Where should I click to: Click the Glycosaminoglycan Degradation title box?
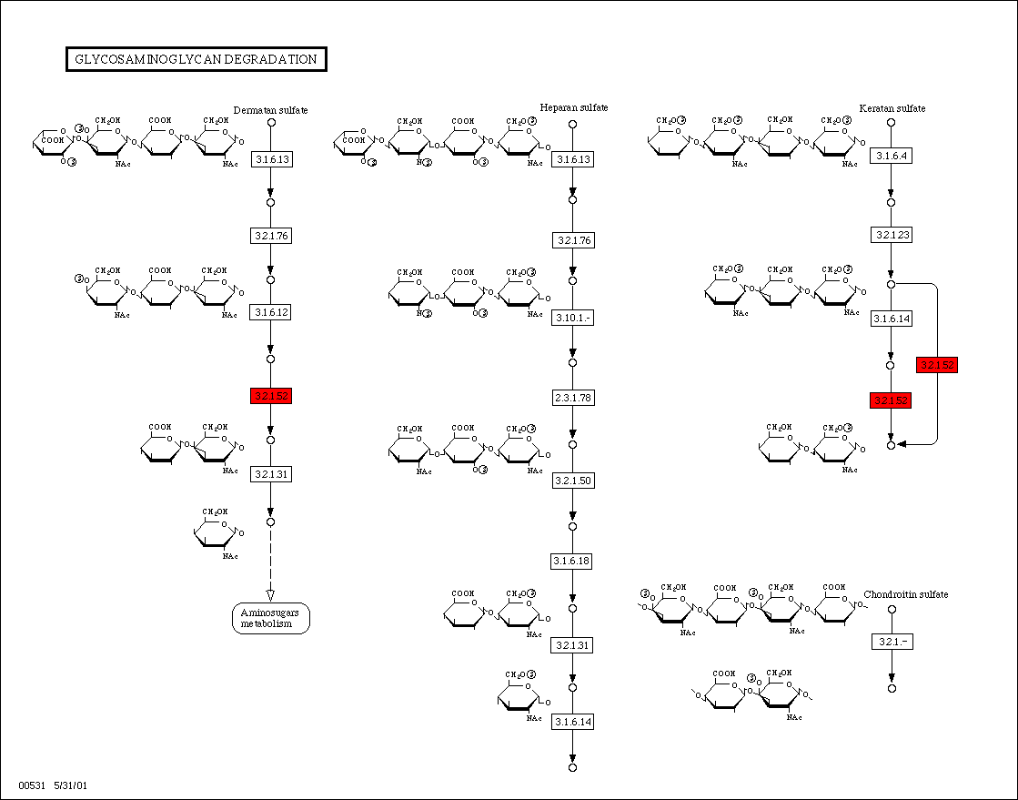pyautogui.click(x=197, y=60)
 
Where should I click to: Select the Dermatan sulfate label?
pyautogui.click(x=270, y=110)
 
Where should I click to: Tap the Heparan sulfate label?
pyautogui.click(x=573, y=107)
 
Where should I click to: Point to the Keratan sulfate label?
pyautogui.click(x=892, y=108)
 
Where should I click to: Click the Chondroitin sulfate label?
pyautogui.click(x=905, y=594)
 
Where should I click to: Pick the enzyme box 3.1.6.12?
pyautogui.click(x=270, y=312)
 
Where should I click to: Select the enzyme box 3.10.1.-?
pyautogui.click(x=572, y=318)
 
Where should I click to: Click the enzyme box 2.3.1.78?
pyautogui.click(x=572, y=398)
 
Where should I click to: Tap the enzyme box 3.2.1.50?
pyautogui.click(x=572, y=480)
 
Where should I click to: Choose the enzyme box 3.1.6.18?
pyautogui.click(x=572, y=561)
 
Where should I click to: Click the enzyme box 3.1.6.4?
pyautogui.click(x=892, y=156)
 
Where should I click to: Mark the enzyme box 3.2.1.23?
pyautogui.click(x=892, y=235)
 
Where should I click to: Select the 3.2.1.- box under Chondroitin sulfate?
pyautogui.click(x=892, y=642)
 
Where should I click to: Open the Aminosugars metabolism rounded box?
pyautogui.click(x=270, y=618)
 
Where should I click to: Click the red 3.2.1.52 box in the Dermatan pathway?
pyautogui.click(x=270, y=396)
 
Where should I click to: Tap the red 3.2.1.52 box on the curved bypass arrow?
pyautogui.click(x=937, y=365)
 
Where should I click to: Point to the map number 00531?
pyautogui.click(x=31, y=785)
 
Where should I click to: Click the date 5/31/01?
pyautogui.click(x=70, y=785)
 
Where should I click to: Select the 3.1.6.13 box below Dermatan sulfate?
pyautogui.click(x=270, y=159)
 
